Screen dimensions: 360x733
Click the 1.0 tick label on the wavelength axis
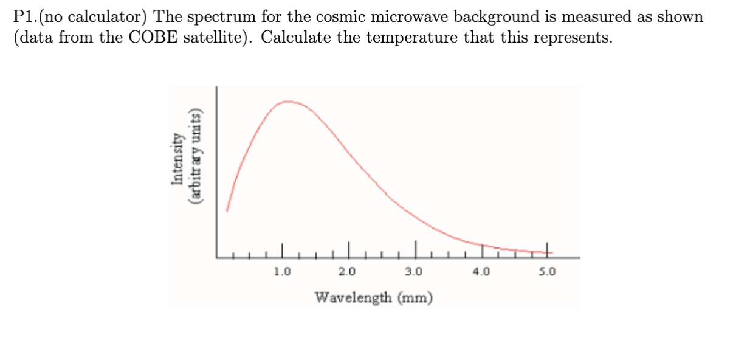point(282,271)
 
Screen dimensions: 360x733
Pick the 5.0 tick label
point(547,271)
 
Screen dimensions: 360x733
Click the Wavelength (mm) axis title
point(373,297)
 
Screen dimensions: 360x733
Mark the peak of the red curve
point(287,102)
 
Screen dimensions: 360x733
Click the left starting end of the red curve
point(227,210)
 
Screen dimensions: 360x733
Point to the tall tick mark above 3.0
point(416,248)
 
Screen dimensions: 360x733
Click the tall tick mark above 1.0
point(282,249)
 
